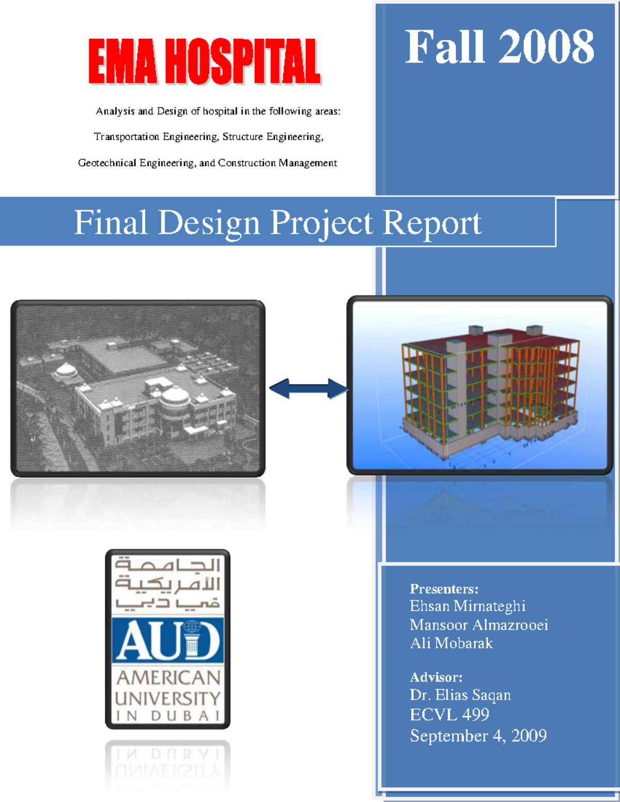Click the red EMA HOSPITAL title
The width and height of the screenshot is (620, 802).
click(205, 61)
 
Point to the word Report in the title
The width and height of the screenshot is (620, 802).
click(432, 223)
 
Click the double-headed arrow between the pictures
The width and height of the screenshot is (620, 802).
click(308, 388)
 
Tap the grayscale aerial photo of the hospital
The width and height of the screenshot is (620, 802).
click(138, 388)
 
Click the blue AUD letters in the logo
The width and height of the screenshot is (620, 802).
click(168, 640)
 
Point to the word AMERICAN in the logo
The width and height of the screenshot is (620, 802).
click(168, 677)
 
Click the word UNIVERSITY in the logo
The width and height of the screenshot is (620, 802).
click(168, 698)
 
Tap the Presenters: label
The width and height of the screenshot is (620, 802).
click(444, 589)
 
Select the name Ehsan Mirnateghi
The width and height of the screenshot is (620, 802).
click(467, 606)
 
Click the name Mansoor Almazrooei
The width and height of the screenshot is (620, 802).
click(478, 625)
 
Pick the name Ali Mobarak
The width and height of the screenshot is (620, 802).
click(451, 643)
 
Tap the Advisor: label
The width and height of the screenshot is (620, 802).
click(436, 677)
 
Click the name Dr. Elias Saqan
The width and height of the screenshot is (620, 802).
click(460, 695)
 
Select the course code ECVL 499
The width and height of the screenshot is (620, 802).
click(450, 715)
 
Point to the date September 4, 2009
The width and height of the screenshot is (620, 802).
click(478, 735)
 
